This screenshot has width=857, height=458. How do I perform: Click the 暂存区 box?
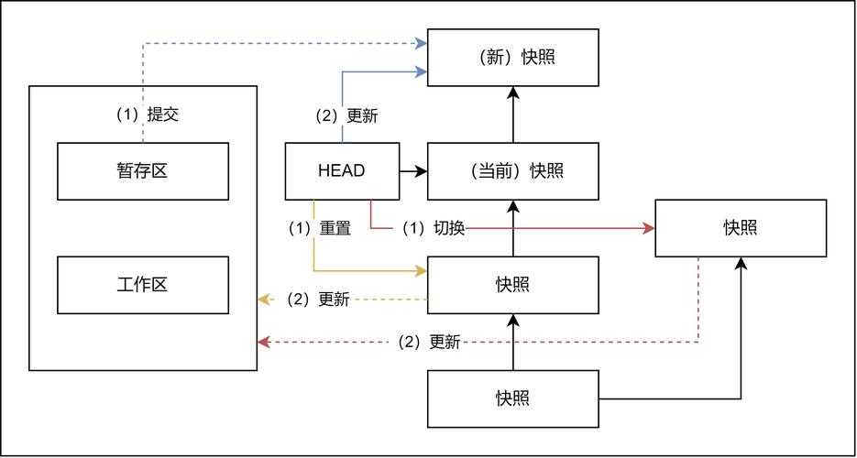click(143, 171)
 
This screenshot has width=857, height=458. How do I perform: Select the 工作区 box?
click(143, 285)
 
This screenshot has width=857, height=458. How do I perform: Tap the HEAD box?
click(342, 171)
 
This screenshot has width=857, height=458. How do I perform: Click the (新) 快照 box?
click(512, 58)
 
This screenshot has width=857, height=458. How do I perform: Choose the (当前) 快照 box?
click(512, 171)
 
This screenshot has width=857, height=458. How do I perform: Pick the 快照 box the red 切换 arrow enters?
click(741, 228)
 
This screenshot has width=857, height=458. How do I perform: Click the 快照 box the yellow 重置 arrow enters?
click(512, 285)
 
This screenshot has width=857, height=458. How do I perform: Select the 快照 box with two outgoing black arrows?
click(512, 399)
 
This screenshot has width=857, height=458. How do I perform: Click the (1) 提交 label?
click(148, 114)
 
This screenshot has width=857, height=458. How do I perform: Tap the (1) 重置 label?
click(320, 228)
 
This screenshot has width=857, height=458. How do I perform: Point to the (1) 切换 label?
click(434, 228)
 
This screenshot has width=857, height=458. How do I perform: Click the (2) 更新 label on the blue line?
click(347, 116)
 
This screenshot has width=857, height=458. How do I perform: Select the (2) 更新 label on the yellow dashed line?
click(319, 300)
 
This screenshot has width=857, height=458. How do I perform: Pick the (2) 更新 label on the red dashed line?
click(430, 343)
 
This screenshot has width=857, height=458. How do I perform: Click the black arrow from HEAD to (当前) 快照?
click(412, 171)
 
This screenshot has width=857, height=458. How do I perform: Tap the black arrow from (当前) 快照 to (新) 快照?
click(512, 114)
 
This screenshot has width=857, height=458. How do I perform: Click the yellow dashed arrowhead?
click(264, 300)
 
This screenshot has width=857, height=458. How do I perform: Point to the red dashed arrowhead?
click(264, 343)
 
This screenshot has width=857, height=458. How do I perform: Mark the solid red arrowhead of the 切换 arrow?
click(648, 228)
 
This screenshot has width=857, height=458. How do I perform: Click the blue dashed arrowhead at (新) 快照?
click(421, 43)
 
